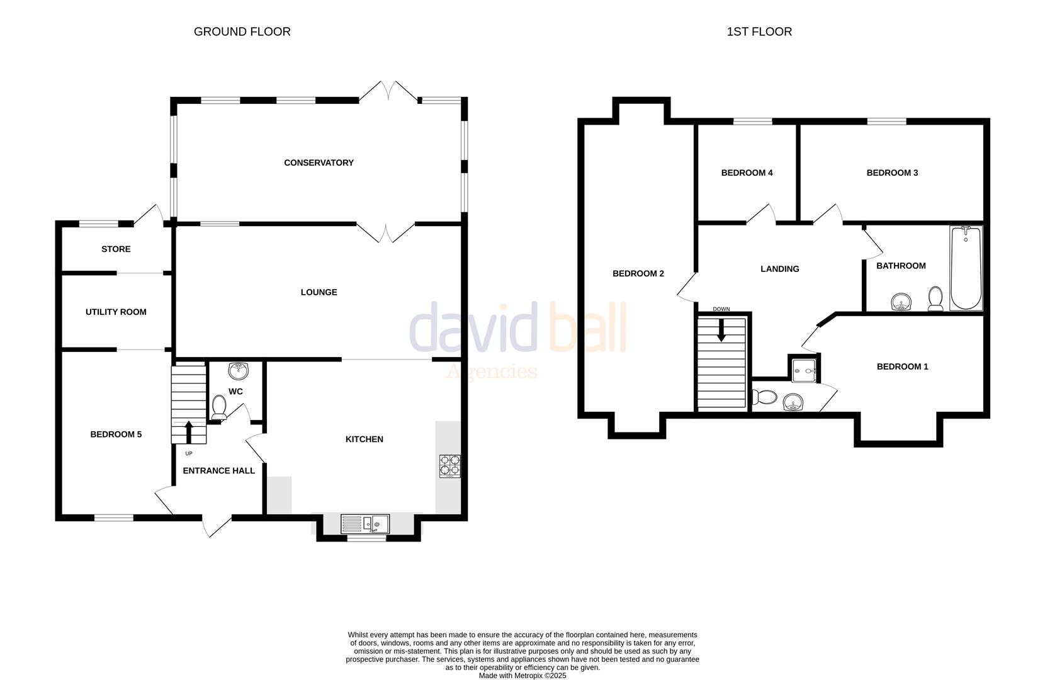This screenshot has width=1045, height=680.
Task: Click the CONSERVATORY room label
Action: (319, 162)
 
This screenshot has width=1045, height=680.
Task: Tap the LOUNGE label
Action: (319, 292)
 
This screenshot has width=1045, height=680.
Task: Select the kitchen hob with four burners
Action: (449, 465)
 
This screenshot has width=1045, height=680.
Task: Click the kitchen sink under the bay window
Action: (365, 523)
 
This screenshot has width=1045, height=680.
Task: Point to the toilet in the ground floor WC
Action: (219, 407)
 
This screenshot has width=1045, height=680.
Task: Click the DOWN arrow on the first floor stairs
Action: (721, 330)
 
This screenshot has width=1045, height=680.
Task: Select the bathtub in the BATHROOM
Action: (966, 269)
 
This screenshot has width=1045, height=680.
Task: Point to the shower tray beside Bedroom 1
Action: (804, 371)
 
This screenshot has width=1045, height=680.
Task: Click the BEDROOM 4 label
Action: (747, 173)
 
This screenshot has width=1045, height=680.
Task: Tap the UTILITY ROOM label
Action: (116, 312)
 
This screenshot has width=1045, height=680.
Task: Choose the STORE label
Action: (116, 249)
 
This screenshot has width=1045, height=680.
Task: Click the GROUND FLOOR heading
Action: (242, 31)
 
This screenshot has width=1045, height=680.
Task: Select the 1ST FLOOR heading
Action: (759, 31)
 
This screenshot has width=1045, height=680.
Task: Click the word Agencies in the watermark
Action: (491, 371)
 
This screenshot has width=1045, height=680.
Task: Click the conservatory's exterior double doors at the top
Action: (388, 91)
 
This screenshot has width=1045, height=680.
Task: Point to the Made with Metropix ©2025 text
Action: (522, 676)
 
